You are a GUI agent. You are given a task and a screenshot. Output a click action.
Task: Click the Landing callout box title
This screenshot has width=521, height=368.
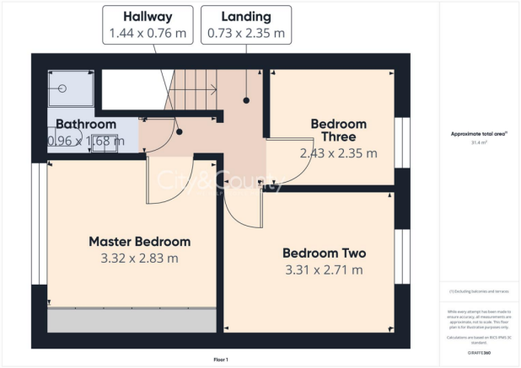click(x=246, y=16)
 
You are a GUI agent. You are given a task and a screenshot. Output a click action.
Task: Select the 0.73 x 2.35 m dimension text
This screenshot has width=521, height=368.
click(x=246, y=34)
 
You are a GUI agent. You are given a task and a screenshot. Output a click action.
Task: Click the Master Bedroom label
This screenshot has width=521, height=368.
click(x=140, y=241)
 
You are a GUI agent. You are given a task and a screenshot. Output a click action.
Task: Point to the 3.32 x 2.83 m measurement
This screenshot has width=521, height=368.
click(x=140, y=258)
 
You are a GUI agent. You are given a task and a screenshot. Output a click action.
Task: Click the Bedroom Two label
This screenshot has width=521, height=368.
click(x=324, y=253)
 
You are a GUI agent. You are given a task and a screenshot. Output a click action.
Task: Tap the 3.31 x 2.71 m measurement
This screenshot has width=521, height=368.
click(x=324, y=269)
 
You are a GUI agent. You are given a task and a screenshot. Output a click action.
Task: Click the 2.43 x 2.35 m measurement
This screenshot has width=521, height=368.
click(x=338, y=153)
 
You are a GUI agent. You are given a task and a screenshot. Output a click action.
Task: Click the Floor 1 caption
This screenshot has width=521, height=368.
click(x=220, y=359)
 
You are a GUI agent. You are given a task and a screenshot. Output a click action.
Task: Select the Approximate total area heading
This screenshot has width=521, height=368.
click(x=479, y=135)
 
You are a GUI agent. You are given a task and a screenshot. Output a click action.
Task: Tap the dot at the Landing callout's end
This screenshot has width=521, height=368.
click(x=246, y=100)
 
